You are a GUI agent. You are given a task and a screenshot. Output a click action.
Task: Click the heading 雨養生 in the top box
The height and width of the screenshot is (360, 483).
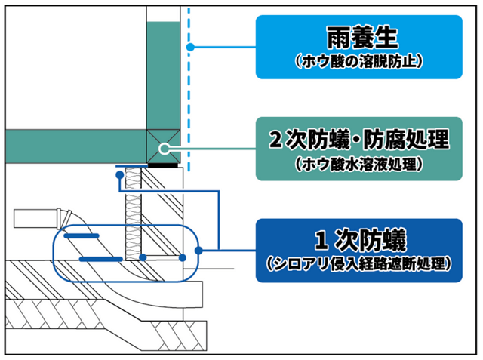click(358, 35)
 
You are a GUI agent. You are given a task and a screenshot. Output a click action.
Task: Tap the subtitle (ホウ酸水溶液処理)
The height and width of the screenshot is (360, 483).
click(358, 162)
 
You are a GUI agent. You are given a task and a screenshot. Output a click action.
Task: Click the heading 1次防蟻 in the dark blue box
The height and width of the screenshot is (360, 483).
click(358, 242)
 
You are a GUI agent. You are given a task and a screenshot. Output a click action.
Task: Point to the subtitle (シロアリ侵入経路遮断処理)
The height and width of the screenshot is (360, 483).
click(358, 264)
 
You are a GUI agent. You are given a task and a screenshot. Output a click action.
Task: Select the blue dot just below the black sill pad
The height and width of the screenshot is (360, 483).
click(118, 174)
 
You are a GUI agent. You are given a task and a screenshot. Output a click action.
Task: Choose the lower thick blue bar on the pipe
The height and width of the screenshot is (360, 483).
click(101, 258)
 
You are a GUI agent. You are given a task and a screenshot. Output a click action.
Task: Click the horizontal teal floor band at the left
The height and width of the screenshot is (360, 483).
click(68, 144)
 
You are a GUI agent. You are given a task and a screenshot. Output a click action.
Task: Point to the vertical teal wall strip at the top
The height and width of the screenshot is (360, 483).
click(164, 68)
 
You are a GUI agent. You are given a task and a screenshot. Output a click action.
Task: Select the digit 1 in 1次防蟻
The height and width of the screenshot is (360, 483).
click(320, 242)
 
